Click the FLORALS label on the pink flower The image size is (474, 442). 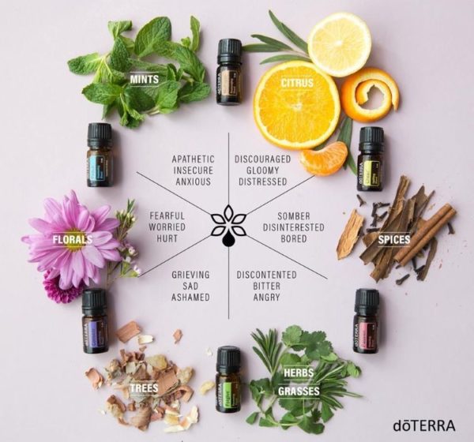72,238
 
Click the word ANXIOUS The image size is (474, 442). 192,182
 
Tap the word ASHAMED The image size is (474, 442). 190,298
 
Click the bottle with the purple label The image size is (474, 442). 94,321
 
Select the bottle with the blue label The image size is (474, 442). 100,155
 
